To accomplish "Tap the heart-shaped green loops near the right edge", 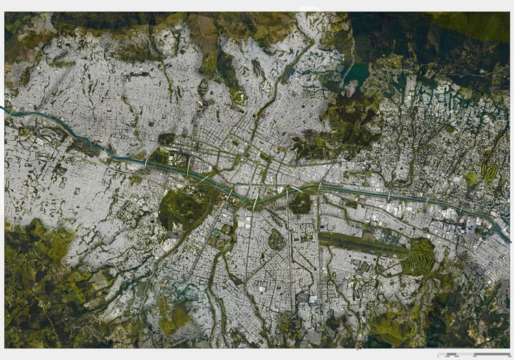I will [x=489, y=171].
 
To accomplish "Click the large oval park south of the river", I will [x=183, y=206].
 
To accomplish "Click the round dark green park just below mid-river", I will [x=300, y=203].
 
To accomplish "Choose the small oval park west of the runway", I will [x=276, y=239].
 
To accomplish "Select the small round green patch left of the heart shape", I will [x=471, y=178].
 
